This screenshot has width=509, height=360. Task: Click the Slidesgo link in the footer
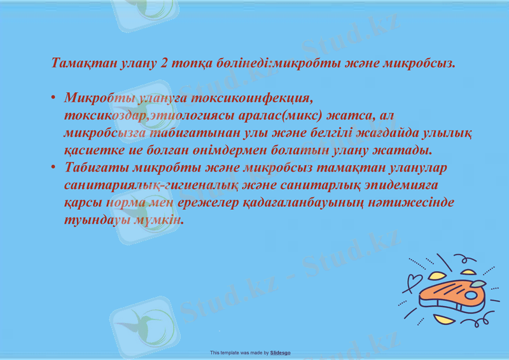coord(280,352)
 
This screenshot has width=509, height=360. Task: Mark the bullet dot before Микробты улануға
coord(53,100)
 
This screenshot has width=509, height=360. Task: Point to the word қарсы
coord(83,202)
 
